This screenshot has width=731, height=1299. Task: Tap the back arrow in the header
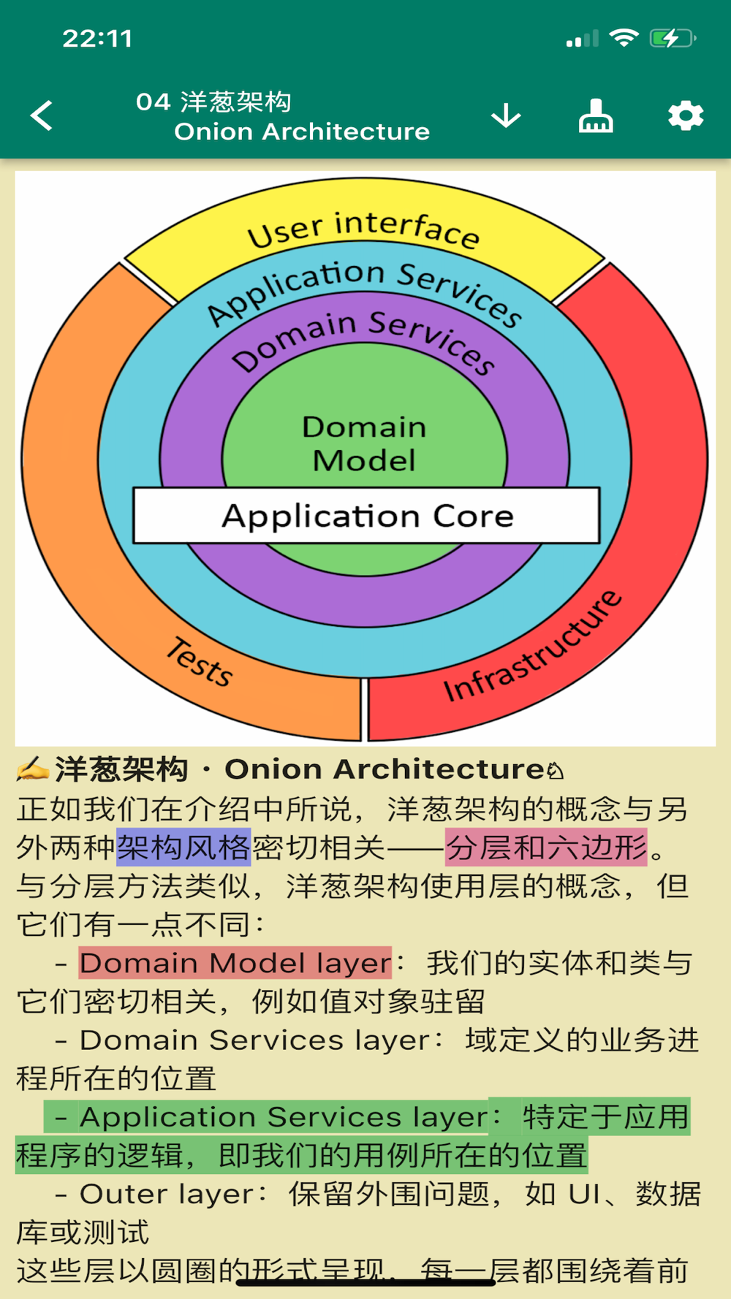pyautogui.click(x=42, y=115)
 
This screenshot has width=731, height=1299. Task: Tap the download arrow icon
pyautogui.click(x=506, y=115)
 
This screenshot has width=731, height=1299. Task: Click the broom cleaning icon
pyautogui.click(x=596, y=115)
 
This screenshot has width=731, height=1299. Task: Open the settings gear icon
pyautogui.click(x=686, y=115)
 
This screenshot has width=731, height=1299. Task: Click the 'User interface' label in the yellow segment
pyautogui.click(x=363, y=228)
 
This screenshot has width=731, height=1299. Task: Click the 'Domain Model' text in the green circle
pyautogui.click(x=364, y=443)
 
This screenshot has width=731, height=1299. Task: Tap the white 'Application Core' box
pyautogui.click(x=366, y=516)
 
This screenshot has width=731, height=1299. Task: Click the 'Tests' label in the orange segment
pyautogui.click(x=200, y=661)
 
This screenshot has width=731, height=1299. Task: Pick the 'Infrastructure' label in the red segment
pyautogui.click(x=533, y=647)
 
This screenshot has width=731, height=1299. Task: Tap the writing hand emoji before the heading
pyautogui.click(x=32, y=769)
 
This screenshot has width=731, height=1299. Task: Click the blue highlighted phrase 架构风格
pyautogui.click(x=183, y=847)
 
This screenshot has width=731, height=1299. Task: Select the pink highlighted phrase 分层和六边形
pyautogui.click(x=546, y=847)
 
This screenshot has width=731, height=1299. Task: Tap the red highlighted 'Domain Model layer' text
pyautogui.click(x=235, y=963)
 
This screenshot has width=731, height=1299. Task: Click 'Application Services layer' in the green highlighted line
pyautogui.click(x=283, y=1117)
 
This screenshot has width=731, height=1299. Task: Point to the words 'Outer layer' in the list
pyautogui.click(x=167, y=1194)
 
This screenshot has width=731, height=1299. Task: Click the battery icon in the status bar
pyautogui.click(x=671, y=38)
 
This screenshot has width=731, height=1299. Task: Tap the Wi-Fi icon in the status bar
pyautogui.click(x=624, y=38)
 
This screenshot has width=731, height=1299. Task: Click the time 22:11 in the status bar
pyautogui.click(x=98, y=38)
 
